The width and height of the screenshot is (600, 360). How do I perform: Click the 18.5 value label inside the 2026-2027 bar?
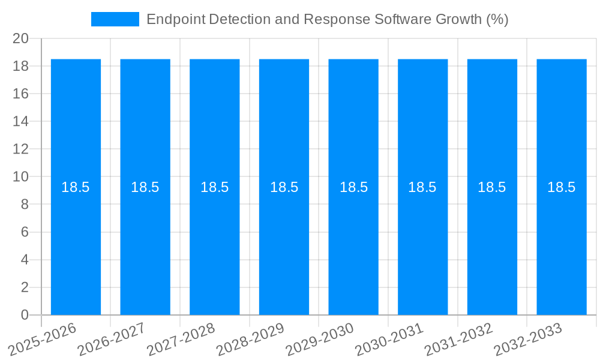click(145, 187)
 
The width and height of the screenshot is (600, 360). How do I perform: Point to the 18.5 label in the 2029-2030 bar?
click(353, 187)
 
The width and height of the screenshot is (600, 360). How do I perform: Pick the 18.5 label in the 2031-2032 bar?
click(492, 187)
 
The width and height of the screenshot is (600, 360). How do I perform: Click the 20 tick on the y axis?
click(20, 38)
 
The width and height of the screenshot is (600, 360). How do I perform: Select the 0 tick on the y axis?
click(25, 315)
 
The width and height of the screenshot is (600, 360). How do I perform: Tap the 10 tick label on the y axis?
click(20, 177)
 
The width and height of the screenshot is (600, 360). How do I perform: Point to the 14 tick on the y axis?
click(20, 121)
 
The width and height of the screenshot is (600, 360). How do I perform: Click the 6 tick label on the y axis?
click(25, 232)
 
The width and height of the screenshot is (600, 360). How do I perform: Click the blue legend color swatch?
click(115, 19)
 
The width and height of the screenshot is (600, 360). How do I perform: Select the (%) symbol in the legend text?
click(497, 19)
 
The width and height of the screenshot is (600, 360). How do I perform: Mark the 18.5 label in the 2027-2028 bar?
click(215, 187)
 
